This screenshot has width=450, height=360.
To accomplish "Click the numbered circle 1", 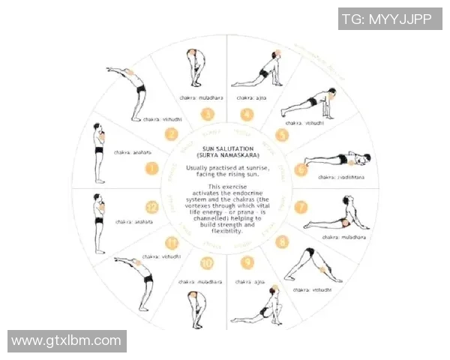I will [x=152, y=168].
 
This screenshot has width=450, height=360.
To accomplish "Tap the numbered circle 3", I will [x=207, y=115].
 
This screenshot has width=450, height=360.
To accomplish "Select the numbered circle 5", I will [x=282, y=135].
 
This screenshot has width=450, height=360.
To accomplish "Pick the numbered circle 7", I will [x=301, y=207].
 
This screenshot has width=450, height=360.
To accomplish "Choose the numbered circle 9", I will [x=247, y=262].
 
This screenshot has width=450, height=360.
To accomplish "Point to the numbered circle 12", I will [x=152, y=207].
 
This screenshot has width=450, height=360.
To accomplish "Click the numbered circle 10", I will [x=207, y=262].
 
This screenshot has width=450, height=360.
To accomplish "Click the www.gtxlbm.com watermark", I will [x=67, y=341].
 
